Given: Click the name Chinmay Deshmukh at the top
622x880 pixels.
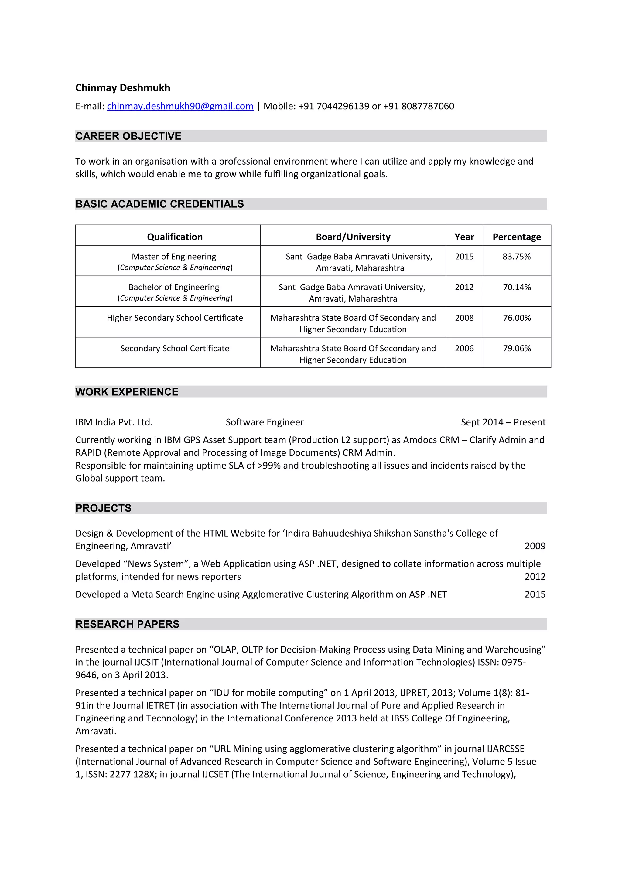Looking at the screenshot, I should tap(123, 88).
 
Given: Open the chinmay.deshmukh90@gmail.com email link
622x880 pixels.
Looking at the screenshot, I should tap(180, 106).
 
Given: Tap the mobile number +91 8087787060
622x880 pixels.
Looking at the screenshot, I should tap(419, 106).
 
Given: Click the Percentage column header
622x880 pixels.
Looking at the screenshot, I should tap(516, 237).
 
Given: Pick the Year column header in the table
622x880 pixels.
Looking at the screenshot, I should tap(464, 237).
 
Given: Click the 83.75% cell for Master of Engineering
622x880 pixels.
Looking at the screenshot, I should tap(516, 256).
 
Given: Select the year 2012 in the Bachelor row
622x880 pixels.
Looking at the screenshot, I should tap(464, 287).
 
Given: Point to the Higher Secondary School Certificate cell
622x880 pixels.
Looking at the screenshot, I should tap(175, 318).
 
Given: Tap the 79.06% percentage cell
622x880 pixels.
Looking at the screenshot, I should tap(516, 348).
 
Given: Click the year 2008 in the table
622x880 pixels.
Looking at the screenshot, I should tap(464, 318).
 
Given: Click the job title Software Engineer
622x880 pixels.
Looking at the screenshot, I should tap(265, 422).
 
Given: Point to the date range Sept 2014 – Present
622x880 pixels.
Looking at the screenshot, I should tap(503, 422).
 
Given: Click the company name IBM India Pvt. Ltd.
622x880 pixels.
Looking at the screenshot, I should tap(114, 422).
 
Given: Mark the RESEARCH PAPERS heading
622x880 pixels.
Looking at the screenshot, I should tap(127, 624).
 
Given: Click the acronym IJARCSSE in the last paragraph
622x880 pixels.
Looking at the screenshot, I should tap(505, 749).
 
